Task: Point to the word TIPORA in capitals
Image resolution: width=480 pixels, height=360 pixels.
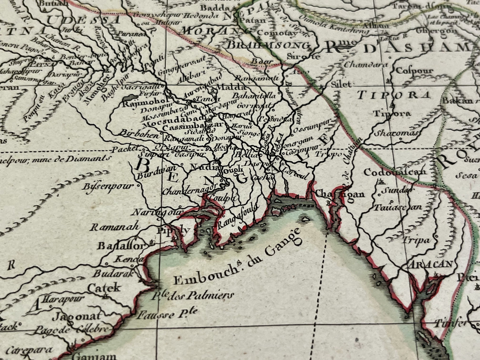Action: [394, 96]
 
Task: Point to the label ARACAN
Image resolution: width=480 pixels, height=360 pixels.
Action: [431, 264]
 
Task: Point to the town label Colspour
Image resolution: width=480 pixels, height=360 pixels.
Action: [415, 71]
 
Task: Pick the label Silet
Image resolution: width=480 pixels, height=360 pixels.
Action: [341, 85]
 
